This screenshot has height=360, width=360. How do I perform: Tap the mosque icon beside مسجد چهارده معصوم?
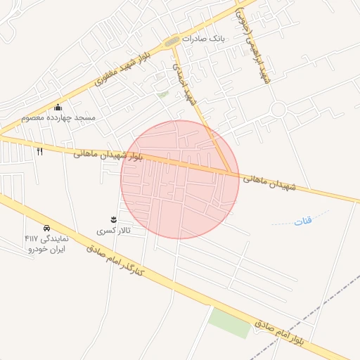click(58, 108)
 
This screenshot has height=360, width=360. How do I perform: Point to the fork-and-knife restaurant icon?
click(39, 150)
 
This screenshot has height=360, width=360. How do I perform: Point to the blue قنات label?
click(302, 222)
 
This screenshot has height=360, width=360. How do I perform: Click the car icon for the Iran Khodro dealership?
click(46, 229)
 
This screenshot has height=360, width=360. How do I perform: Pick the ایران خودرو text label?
click(47, 249)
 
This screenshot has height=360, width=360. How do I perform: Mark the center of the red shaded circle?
click(180, 179)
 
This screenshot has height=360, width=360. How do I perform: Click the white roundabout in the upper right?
click(278, 110)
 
